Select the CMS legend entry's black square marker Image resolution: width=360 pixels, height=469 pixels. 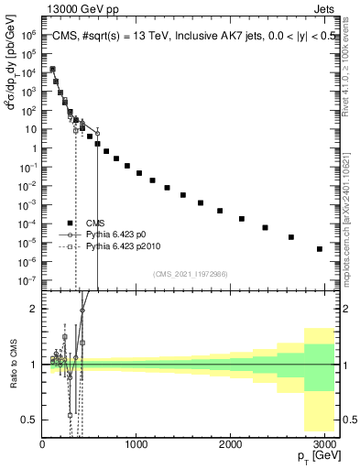click(70, 224)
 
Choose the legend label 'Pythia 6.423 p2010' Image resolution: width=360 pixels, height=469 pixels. click(128, 246)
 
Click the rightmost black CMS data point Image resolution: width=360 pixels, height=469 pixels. click(319, 249)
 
